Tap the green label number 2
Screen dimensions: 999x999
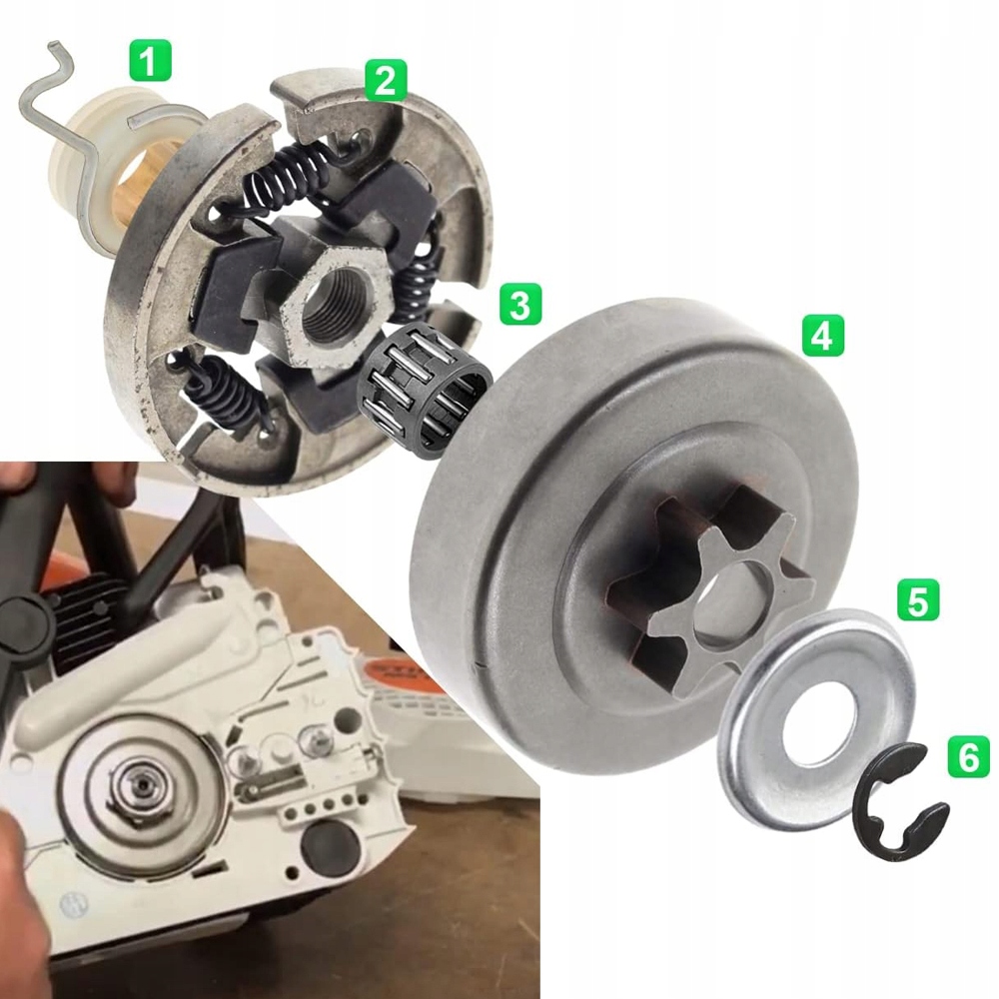[385, 79]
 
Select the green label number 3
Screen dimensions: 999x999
[519, 304]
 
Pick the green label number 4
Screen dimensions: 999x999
[822, 336]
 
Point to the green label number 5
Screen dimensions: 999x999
[917, 600]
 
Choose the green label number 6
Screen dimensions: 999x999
[967, 755]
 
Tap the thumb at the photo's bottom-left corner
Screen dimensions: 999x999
[20, 899]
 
